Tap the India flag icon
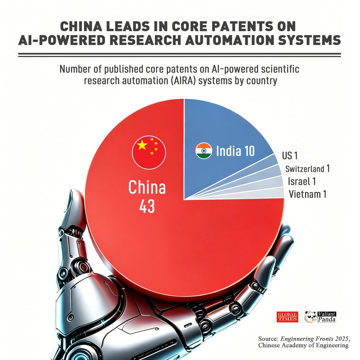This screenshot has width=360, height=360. coord(204,151)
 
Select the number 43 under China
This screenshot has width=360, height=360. coord(147,207)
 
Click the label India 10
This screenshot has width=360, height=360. coord(235,151)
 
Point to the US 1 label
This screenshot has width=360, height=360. coord(289,156)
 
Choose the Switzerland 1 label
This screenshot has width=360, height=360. coord(307,169)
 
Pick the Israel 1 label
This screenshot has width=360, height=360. coord(301,181)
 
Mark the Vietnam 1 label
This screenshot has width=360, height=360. coord(307,194)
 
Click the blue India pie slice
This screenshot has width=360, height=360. coord(222,126)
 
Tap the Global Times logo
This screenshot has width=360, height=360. coord(287,317)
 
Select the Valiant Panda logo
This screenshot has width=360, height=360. coord(320,317)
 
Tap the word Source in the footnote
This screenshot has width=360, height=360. coord(268,339)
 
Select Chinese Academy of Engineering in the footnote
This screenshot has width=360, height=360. coord(303,346)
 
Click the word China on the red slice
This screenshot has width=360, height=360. coord(147,187)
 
